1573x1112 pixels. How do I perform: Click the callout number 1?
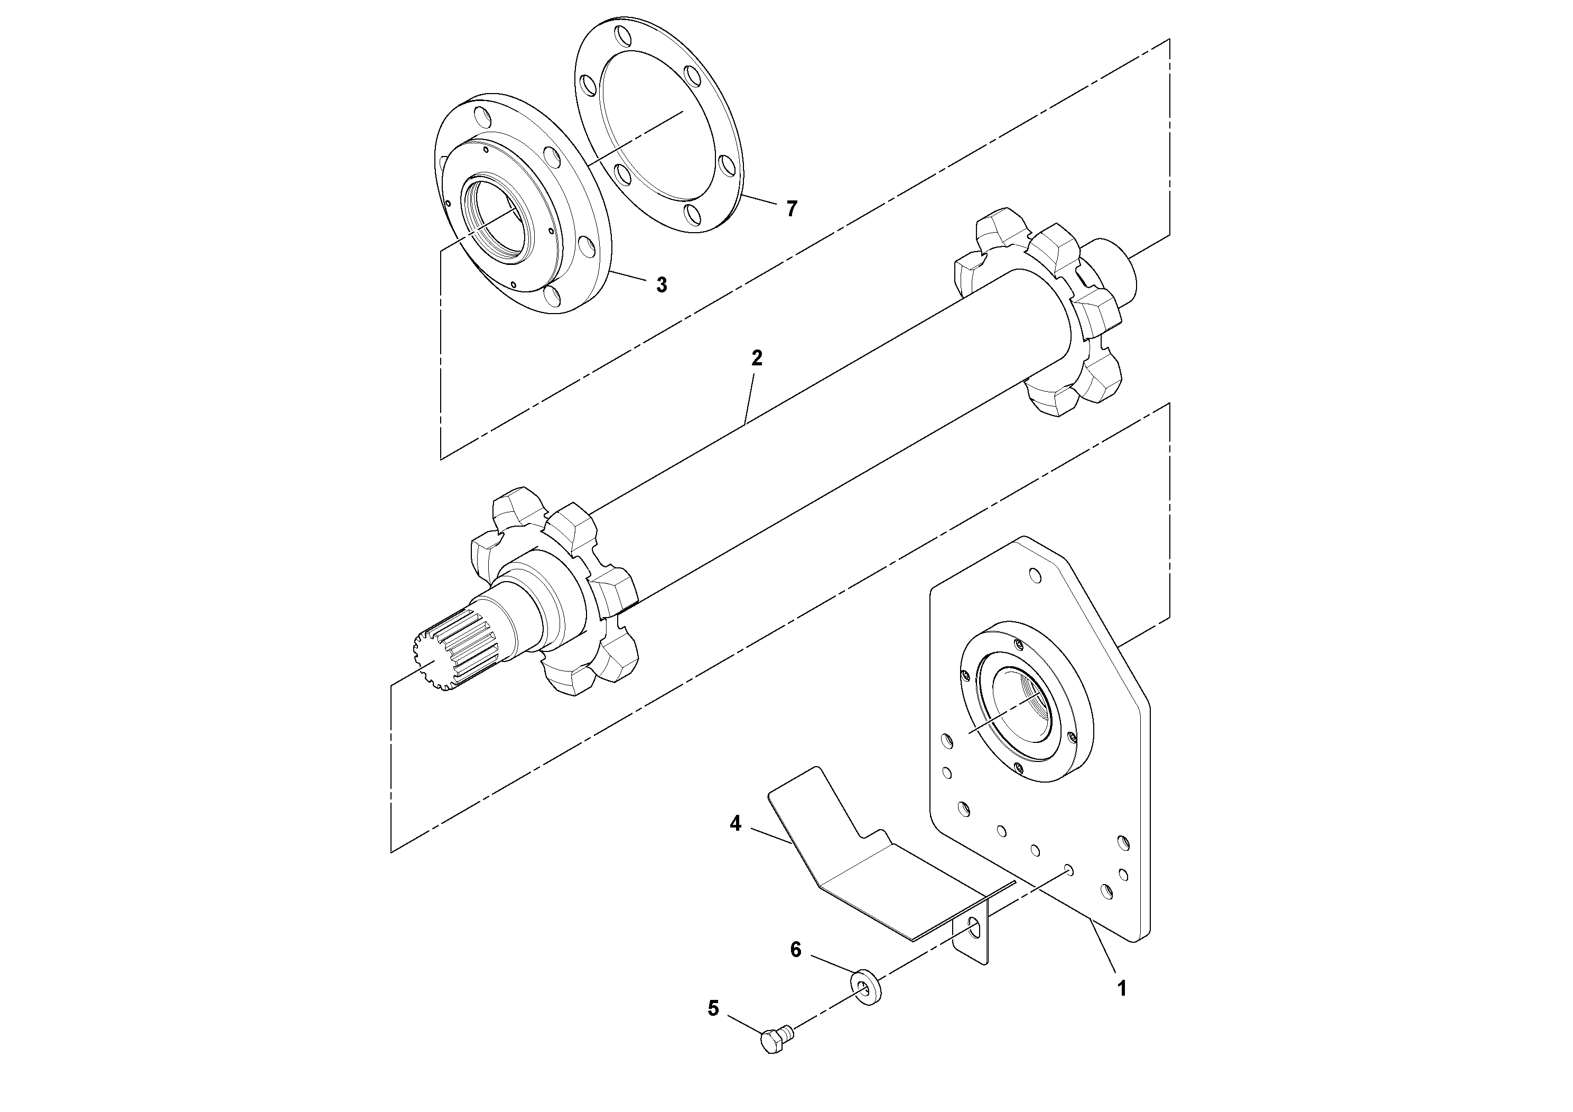(1122, 989)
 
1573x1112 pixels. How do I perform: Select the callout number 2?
(756, 358)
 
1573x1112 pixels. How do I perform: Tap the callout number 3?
(661, 285)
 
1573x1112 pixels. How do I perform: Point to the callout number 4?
(735, 823)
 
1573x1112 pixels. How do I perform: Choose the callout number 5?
(713, 1008)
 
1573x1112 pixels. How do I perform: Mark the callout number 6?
(795, 950)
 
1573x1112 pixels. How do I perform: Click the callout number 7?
(792, 208)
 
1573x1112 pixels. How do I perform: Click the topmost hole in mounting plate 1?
(1035, 576)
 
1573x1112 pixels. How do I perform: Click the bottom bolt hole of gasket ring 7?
(693, 216)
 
